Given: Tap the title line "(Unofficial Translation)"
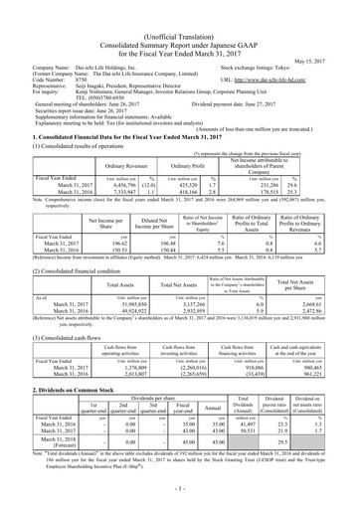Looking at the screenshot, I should pyautogui.click(x=179, y=7).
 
